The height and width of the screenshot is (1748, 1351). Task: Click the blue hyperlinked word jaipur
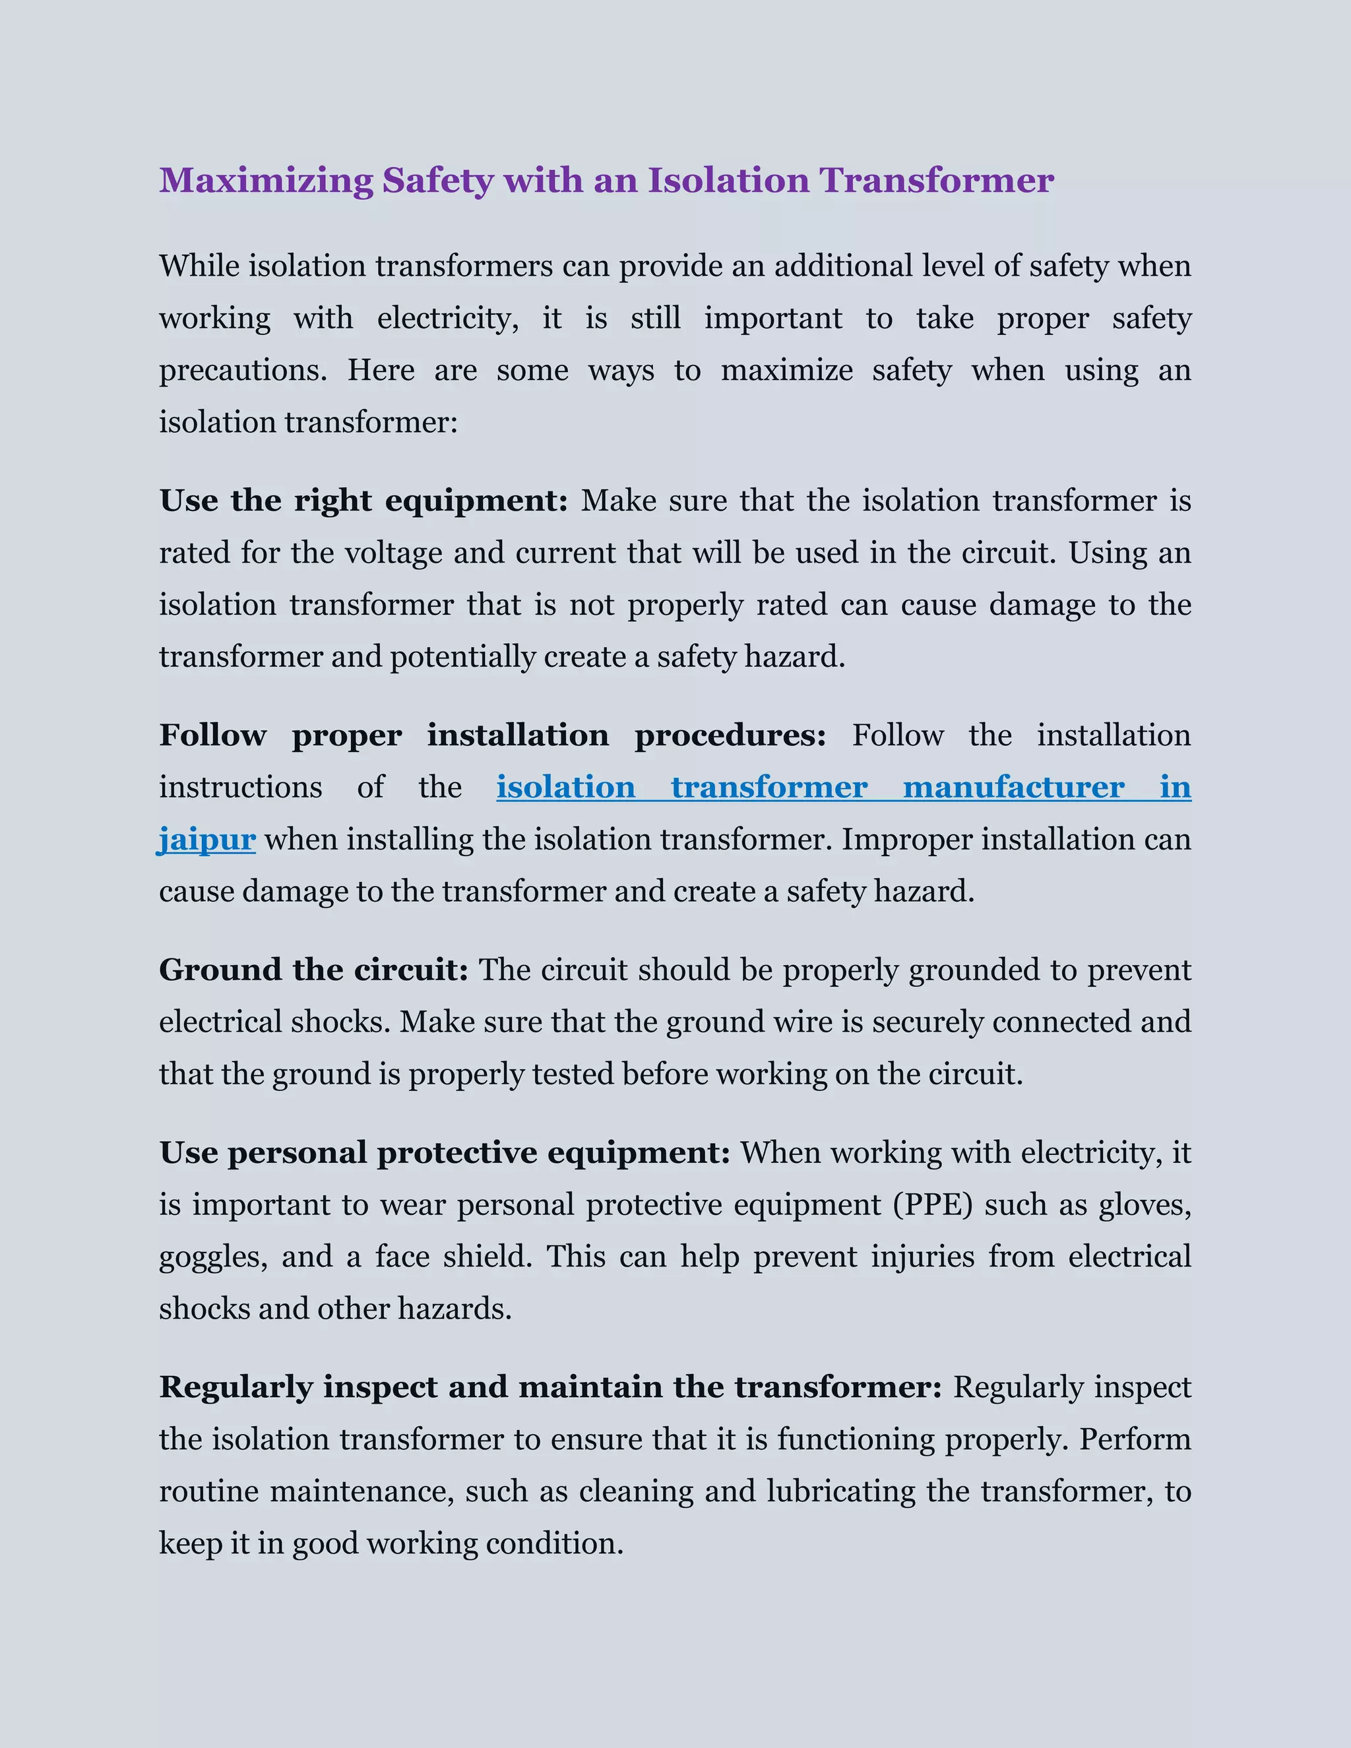click(x=207, y=840)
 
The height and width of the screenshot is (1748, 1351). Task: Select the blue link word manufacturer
click(x=1013, y=788)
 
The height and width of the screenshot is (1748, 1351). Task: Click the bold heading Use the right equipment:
click(x=363, y=502)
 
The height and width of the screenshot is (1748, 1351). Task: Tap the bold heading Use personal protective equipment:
click(x=444, y=1153)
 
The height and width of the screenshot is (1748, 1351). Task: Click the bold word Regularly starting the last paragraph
click(x=236, y=1388)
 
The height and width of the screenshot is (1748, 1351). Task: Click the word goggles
click(x=213, y=1257)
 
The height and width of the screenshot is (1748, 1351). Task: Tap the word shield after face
click(x=487, y=1257)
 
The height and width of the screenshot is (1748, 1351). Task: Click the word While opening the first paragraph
click(x=199, y=266)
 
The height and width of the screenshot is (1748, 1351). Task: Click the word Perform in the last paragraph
click(x=1135, y=1440)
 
